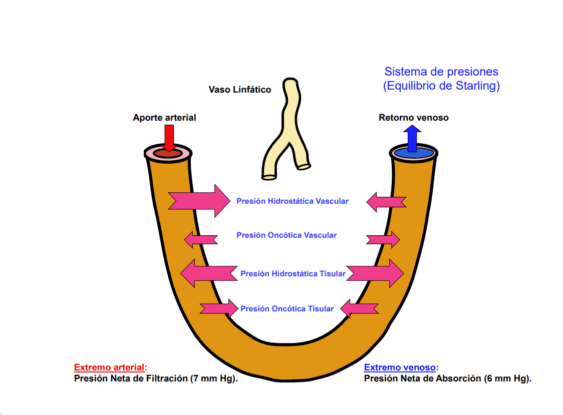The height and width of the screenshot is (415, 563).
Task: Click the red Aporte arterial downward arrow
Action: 169,138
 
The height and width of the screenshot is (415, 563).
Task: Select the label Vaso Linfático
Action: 240,90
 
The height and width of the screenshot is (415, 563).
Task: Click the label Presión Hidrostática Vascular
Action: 293,201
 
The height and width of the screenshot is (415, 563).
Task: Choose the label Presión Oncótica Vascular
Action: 287,235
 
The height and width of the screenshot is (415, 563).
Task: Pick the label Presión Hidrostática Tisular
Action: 293,274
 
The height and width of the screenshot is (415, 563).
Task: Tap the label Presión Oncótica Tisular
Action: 287,309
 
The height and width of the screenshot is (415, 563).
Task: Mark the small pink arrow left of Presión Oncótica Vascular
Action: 201,239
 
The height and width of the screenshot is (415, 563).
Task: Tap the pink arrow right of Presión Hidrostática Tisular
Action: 375,273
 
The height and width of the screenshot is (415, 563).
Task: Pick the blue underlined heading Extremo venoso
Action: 400,367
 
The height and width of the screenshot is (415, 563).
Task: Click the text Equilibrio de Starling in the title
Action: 441,86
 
